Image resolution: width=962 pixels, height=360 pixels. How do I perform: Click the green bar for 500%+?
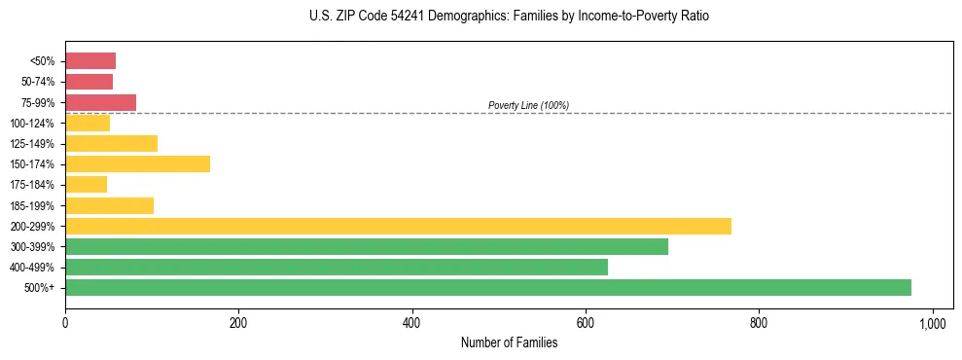pyautogui.click(x=487, y=287)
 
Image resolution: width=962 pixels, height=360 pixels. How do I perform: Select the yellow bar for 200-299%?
pyautogui.click(x=398, y=226)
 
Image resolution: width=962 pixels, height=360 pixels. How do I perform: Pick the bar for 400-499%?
pyautogui.click(x=337, y=267)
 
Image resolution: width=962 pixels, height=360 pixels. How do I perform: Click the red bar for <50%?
pyautogui.click(x=90, y=61)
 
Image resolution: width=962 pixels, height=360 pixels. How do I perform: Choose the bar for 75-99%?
pyautogui.click(x=100, y=102)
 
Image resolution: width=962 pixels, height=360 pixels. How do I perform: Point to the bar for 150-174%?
pyautogui.click(x=137, y=163)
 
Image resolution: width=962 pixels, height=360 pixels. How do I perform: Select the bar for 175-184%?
pyautogui.click(x=86, y=184)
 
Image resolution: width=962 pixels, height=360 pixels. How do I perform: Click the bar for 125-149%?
pyautogui.click(x=111, y=143)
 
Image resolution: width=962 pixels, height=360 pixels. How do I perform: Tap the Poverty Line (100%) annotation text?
pyautogui.click(x=528, y=105)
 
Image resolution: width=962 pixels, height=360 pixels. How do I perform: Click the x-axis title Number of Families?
pyautogui.click(x=509, y=342)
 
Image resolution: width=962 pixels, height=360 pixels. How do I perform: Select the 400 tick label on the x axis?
pyautogui.click(x=411, y=321)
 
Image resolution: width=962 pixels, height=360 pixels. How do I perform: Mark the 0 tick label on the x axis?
pyautogui.click(x=65, y=321)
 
